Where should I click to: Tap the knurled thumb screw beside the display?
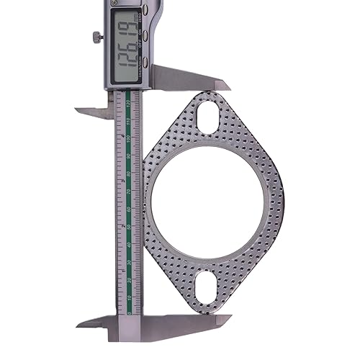(x=95, y=36)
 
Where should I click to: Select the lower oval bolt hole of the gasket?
(x=207, y=284)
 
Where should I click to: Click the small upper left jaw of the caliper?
(x=90, y=112)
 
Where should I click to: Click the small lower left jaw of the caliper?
(x=90, y=320)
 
